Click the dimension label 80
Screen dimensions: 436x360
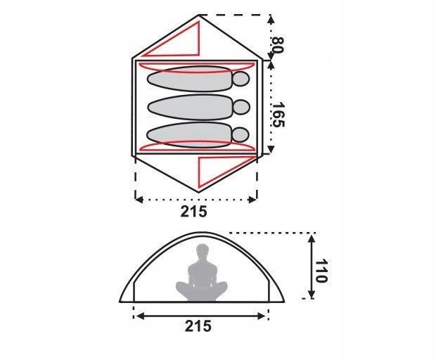coord(278,45)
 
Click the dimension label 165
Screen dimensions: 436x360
coord(278,115)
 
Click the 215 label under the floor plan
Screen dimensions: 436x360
coord(194,212)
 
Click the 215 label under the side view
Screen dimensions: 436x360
coord(198,326)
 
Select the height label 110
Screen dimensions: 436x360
coord(321,271)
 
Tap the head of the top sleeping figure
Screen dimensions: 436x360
coord(241,79)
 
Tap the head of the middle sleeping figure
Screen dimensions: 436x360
coord(241,107)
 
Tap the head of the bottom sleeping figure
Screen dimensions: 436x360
coord(241,134)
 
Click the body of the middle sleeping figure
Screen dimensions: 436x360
coord(190,108)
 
